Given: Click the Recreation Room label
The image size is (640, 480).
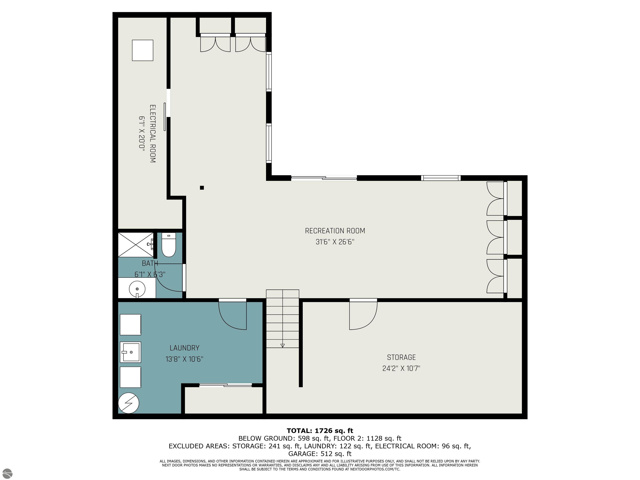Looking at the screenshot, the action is pos(335,231).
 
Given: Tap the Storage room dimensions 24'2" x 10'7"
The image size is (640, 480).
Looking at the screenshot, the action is pos(401,368).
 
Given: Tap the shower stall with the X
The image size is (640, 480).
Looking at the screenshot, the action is pos(136,245).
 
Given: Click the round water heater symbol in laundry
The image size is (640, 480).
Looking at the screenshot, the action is pos(129,403).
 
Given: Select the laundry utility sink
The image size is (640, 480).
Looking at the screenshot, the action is pos(130,352).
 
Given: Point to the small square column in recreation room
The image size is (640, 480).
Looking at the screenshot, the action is pos(202,188).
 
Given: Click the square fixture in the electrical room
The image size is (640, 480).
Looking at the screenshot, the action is pos(143,50).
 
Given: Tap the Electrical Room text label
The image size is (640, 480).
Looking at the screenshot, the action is pos(152,134).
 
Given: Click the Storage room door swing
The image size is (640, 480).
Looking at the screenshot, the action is pos(363,316).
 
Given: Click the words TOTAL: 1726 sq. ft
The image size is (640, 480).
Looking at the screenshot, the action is pos(320,431).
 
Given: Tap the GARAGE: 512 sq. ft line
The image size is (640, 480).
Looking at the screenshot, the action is pos(320,454).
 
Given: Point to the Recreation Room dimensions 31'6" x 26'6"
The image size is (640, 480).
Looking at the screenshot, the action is pos(335,242).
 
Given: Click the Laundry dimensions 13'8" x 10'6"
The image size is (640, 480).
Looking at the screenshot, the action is pos(184,359).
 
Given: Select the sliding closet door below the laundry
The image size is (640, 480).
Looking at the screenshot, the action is pos(226,385).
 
